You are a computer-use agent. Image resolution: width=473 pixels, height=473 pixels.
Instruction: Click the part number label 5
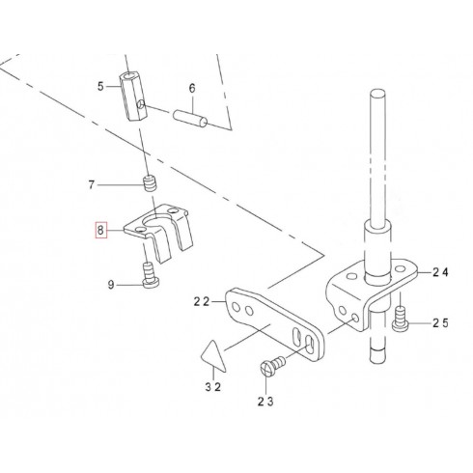coord(100,86)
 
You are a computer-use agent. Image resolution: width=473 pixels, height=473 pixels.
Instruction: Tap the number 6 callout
coord(192,88)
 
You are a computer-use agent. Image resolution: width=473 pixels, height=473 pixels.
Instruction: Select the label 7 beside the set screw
coord(92,185)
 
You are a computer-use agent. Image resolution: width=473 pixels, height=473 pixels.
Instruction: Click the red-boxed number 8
coord(100,231)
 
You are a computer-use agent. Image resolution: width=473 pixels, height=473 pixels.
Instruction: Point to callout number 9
coord(111,285)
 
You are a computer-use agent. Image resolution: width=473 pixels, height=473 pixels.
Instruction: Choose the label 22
coord(202,302)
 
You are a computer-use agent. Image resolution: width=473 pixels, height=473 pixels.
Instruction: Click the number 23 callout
coord(265,402)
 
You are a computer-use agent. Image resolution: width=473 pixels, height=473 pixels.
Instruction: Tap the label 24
coord(440,272)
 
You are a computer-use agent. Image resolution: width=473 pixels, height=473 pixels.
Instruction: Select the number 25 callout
coord(440,322)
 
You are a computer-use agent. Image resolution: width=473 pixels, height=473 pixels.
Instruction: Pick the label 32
coord(213,387)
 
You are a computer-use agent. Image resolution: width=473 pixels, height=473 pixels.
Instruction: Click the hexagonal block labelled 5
coord(133,97)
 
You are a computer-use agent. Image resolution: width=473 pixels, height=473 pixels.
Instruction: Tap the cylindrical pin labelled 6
coord(190,118)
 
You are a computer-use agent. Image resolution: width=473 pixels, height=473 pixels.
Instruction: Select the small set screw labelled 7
coord(149,183)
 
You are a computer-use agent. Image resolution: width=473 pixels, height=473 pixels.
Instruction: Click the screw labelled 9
coord(150,275)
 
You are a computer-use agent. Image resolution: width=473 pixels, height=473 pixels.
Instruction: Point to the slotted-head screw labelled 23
coord(272,365)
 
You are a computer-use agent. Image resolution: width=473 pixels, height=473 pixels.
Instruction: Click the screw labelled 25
coord(401,319)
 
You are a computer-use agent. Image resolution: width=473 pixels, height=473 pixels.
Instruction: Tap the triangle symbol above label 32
coord(213,356)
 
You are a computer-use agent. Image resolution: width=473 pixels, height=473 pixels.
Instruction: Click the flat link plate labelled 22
coord(274,324)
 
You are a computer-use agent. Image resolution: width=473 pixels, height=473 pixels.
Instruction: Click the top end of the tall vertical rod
coord(377,93)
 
